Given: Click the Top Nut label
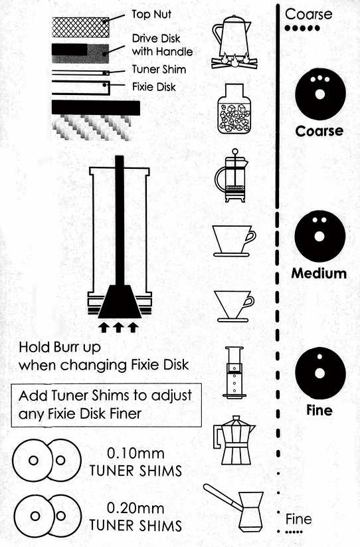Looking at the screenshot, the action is point(151,15).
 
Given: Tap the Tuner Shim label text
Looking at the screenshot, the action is point(159,69).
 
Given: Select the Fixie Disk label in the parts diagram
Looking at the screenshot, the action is point(153,87).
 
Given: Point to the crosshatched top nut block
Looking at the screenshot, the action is point(80,27).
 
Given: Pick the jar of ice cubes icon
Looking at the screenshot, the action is point(234,108).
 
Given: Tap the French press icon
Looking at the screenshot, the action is point(231,175).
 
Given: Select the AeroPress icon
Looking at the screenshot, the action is point(234,372).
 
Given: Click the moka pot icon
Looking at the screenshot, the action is point(234,440).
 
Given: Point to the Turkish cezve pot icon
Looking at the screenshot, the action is point(234,508).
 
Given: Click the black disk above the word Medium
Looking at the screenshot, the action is point(320,236).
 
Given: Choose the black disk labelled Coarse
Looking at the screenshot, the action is point(320,94).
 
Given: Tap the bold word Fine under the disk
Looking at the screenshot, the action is point(319,410).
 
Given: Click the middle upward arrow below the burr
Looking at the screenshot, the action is point(118,328).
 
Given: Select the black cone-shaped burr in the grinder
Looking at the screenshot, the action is point(120,301).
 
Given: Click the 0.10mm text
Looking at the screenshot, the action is point(135,453).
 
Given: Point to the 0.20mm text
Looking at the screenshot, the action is point(135,508).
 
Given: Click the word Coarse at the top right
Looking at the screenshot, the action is point(308,15).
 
